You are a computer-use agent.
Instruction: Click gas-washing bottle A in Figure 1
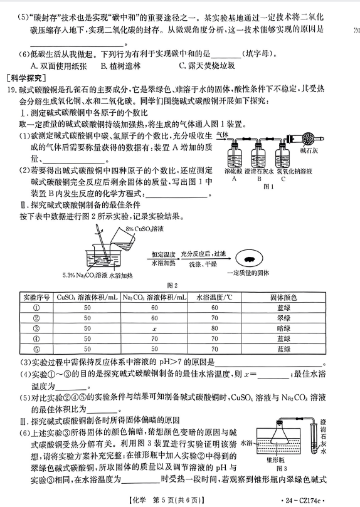tap(234, 156)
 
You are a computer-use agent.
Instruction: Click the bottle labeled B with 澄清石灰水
tap(258, 156)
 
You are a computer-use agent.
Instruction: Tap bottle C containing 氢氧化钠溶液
tap(282, 156)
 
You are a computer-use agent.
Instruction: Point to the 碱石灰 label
tap(309, 150)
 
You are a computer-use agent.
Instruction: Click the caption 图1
tap(268, 187)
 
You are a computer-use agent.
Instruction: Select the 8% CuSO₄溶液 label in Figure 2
tap(145, 229)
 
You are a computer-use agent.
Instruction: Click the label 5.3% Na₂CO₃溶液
tap(85, 275)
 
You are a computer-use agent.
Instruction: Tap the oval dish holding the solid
tap(248, 259)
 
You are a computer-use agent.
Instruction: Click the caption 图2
tap(172, 285)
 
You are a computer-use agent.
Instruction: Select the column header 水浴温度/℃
tap(214, 298)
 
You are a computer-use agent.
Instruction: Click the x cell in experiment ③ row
tap(154, 328)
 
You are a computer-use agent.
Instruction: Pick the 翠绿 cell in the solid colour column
tap(283, 318)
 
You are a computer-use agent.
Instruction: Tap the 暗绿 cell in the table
tap(283, 328)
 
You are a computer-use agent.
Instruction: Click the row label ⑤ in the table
tap(36, 349)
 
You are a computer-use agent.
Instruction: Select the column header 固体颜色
tap(283, 298)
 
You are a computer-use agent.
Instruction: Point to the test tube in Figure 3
tap(314, 437)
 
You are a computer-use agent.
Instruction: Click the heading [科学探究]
tap(26, 78)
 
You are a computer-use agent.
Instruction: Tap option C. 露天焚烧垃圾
tap(207, 66)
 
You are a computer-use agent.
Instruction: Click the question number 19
tap(12, 90)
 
